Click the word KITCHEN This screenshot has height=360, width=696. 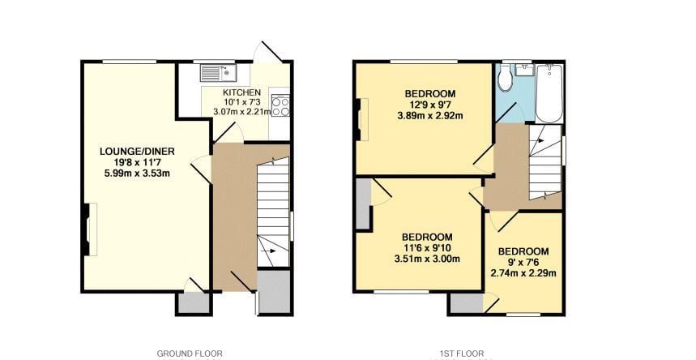point(241,92)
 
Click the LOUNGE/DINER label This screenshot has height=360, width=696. point(137,151)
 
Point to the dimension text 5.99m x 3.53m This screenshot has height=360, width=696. point(137,173)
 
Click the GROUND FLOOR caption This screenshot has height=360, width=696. point(189,354)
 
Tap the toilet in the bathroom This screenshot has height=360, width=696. point(505,79)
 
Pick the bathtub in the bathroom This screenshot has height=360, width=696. point(549,94)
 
